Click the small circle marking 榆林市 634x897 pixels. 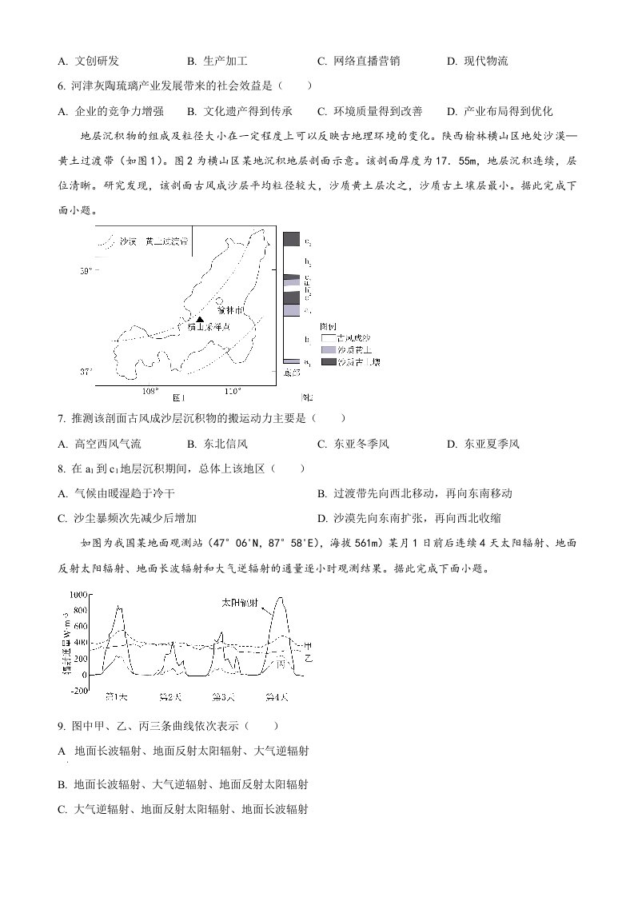pyautogui.click(x=220, y=301)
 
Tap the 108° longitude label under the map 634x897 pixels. pyautogui.click(x=150, y=392)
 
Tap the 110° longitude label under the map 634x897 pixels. pyautogui.click(x=233, y=392)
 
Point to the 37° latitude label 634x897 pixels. pyautogui.click(x=86, y=372)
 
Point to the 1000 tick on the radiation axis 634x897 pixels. pyautogui.click(x=78, y=595)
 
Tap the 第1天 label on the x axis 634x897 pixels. pyautogui.click(x=117, y=696)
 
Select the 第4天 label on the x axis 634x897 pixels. pyautogui.click(x=276, y=696)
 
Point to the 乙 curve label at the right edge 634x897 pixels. pyautogui.click(x=309, y=657)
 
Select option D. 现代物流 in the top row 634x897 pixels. pyautogui.click(x=477, y=61)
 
